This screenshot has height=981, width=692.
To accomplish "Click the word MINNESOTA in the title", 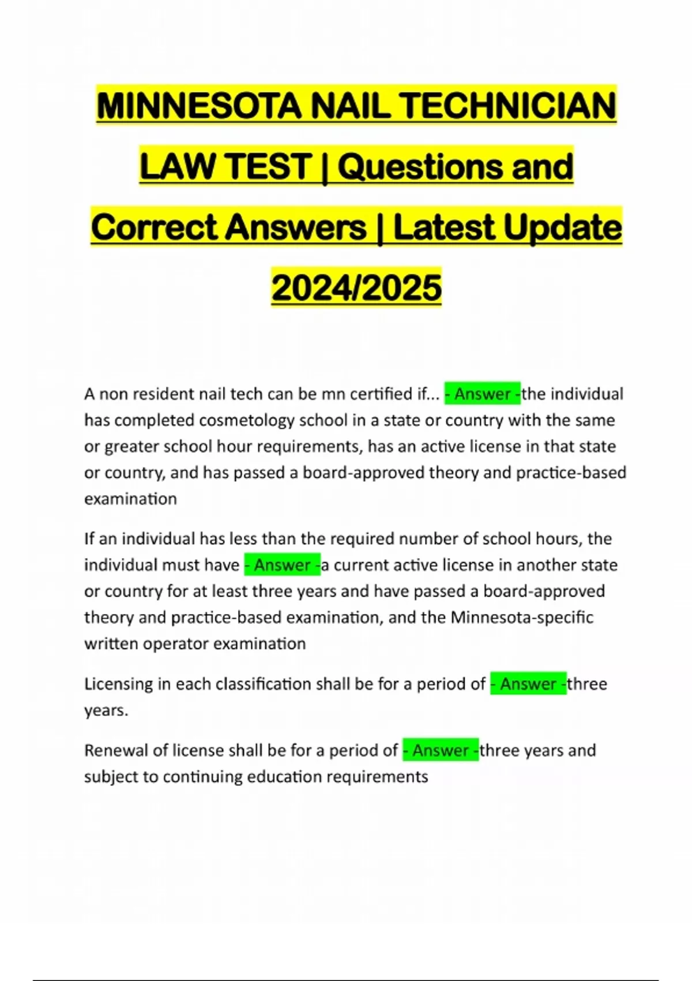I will click(x=200, y=106).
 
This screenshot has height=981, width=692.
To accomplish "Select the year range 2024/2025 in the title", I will click(x=356, y=287).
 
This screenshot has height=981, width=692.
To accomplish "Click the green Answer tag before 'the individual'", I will click(x=483, y=394).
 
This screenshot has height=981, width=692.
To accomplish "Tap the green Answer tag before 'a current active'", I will click(x=283, y=565).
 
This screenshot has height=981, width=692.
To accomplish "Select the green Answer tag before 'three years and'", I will click(x=441, y=750).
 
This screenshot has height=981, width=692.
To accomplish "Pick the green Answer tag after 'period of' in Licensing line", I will click(x=528, y=684).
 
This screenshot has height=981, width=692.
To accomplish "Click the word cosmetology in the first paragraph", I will click(x=244, y=420).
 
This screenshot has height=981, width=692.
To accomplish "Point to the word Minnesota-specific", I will click(x=522, y=617).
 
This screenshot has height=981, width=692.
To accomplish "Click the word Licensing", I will click(x=119, y=684).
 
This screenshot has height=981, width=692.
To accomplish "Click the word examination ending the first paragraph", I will click(x=130, y=499).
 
